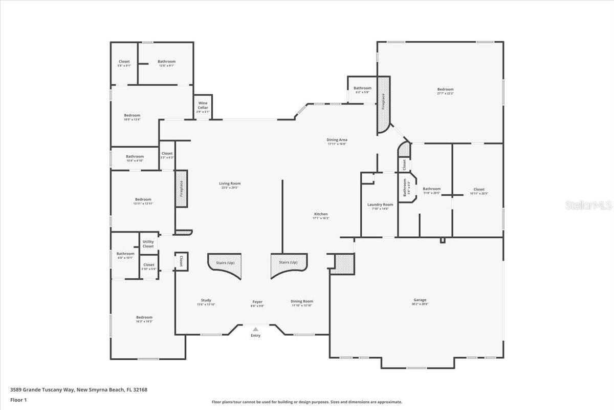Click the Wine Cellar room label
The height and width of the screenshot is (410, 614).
(x=203, y=105)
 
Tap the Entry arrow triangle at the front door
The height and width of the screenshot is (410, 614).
(x=255, y=329)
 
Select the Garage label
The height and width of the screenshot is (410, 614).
(x=420, y=300)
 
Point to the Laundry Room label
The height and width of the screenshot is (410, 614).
(x=380, y=204)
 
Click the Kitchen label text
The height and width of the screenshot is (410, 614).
(x=321, y=214)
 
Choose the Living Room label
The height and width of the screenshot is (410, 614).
(x=230, y=183)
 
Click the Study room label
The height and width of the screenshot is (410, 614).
(x=206, y=300)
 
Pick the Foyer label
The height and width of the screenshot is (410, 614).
(x=257, y=302)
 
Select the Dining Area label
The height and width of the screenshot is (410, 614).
(x=337, y=139)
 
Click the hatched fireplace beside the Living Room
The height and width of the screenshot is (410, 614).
(x=181, y=189)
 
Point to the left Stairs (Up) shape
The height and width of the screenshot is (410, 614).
(x=224, y=264)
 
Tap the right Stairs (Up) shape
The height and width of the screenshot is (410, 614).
(x=289, y=264)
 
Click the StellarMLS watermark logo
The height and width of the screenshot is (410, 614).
(x=589, y=205)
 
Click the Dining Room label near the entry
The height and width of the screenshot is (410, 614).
(x=302, y=301)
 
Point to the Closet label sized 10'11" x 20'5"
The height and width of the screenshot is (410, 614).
(x=479, y=189)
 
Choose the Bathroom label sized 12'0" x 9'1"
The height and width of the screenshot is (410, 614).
(x=166, y=61)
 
